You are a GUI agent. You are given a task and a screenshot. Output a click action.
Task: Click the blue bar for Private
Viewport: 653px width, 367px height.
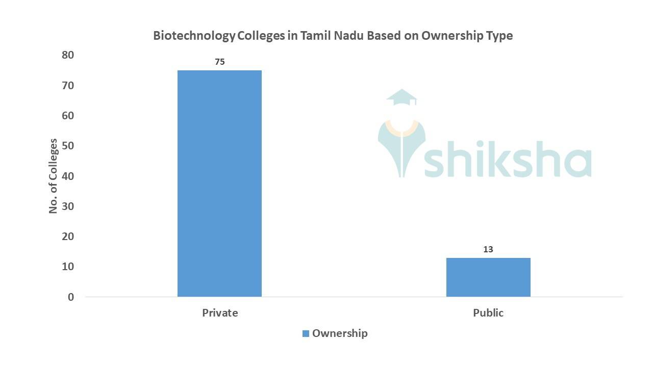(x=219, y=183)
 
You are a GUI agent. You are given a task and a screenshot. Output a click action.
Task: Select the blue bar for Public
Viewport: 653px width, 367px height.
(x=488, y=277)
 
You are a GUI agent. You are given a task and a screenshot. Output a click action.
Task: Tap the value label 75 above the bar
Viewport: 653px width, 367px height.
(x=219, y=62)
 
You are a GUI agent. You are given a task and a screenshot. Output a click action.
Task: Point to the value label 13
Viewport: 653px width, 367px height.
(x=488, y=250)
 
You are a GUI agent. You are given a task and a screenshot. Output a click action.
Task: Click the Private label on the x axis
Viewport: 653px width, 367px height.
(x=220, y=313)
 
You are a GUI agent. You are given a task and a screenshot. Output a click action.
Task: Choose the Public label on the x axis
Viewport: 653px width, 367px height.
(x=488, y=313)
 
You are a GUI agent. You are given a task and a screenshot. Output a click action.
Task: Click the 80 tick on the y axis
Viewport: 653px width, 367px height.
(x=68, y=55)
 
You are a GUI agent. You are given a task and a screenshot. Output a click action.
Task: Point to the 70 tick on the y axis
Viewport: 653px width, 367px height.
(x=68, y=86)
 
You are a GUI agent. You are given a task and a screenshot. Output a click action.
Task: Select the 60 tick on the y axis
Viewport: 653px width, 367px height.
(x=68, y=116)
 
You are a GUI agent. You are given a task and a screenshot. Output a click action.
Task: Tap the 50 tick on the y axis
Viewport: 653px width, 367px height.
(x=68, y=146)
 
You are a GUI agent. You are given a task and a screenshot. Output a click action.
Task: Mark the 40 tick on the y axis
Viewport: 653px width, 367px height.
(x=68, y=176)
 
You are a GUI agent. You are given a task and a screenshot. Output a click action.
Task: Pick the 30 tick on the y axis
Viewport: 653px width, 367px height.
(x=68, y=206)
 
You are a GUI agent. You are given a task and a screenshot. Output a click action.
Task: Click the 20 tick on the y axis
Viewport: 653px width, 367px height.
(x=68, y=237)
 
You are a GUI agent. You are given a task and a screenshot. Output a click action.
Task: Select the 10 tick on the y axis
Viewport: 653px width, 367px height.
(x=68, y=267)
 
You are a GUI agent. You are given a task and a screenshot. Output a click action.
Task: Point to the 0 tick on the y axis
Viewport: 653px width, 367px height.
(x=71, y=297)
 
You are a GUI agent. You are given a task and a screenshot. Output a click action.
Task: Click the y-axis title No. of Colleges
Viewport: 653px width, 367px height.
(x=53, y=176)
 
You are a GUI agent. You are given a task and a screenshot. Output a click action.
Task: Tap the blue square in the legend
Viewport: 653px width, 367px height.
(x=306, y=334)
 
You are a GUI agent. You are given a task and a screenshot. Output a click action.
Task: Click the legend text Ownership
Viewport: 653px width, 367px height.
(x=340, y=333)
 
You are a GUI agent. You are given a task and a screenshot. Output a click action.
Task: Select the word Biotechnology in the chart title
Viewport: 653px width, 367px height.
(x=194, y=36)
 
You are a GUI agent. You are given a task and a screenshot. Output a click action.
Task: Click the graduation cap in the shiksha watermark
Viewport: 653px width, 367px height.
(x=402, y=97)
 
